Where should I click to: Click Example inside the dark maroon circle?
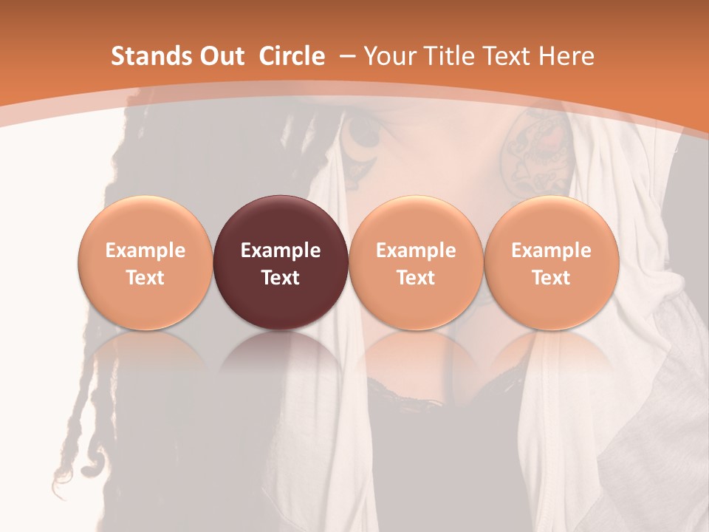tap(281, 250)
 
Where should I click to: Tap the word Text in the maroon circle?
tap(281, 278)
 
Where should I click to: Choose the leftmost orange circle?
tap(145, 222)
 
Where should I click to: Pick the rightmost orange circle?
tap(551, 222)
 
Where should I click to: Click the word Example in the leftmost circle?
tap(145, 250)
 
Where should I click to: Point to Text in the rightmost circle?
tap(551, 278)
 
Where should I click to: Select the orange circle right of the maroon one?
tap(416, 222)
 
